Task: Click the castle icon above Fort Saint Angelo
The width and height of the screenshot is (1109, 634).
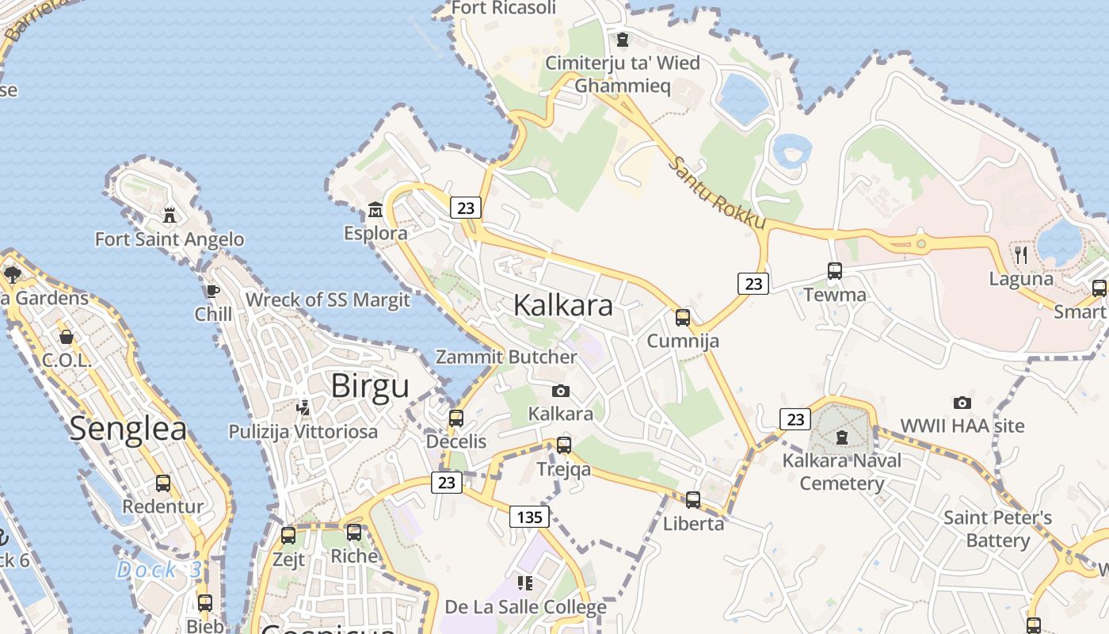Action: tap(169, 215)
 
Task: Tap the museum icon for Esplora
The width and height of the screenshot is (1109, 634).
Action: tap(375, 211)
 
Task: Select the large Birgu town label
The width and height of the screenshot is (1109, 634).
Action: tap(370, 386)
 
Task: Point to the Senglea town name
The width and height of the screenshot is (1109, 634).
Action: tap(128, 429)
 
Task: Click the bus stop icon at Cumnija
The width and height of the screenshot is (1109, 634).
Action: tap(683, 318)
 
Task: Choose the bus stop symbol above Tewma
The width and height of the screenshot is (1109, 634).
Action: tap(835, 271)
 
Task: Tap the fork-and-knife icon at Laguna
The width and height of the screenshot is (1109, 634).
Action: tap(1021, 254)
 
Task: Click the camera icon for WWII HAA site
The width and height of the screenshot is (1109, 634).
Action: tap(962, 403)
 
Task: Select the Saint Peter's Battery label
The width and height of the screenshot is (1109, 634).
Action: tap(997, 529)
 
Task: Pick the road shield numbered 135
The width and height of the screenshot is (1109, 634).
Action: tap(529, 518)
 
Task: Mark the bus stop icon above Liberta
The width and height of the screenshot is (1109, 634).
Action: tap(693, 499)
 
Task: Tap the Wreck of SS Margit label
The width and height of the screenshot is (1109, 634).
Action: tap(328, 300)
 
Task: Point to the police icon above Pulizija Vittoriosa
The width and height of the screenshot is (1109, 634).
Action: tap(303, 407)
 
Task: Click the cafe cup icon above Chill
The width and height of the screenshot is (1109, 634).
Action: tap(213, 291)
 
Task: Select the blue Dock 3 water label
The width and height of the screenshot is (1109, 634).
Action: tap(159, 570)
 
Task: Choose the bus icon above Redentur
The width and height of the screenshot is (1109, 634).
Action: tap(163, 483)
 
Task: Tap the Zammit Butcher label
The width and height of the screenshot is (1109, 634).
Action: tap(506, 357)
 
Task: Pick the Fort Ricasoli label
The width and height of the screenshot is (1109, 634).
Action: tap(504, 8)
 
